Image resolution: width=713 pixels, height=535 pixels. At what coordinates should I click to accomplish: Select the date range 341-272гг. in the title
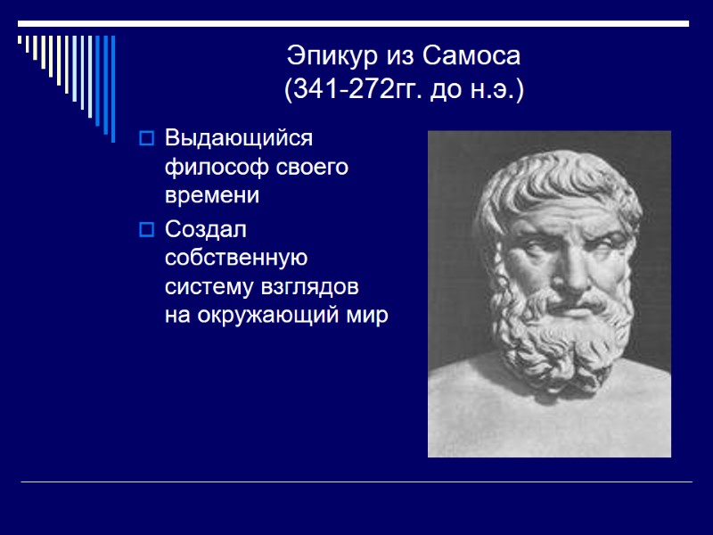[349, 89]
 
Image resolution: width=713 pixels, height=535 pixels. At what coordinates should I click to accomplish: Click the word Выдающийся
[239, 140]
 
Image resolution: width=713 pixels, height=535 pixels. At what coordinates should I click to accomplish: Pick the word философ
[210, 168]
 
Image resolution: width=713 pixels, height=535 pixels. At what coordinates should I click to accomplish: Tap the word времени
[212, 195]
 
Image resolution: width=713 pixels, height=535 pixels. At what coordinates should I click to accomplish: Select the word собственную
[235, 259]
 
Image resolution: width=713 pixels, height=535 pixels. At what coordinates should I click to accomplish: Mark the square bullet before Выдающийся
[147, 139]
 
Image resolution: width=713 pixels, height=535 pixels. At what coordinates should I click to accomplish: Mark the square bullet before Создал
[147, 230]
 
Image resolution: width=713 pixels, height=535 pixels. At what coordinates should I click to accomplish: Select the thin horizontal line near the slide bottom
[356, 482]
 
